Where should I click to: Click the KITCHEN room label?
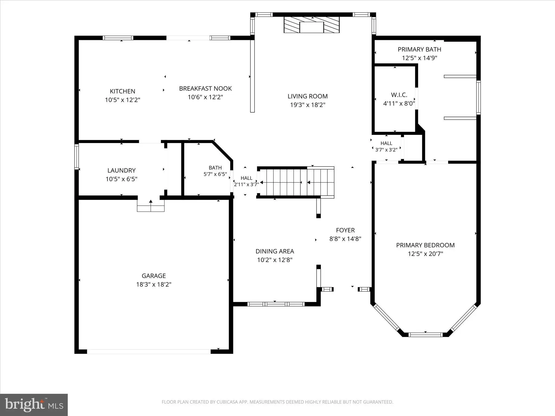tap(122, 91)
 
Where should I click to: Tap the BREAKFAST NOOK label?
tap(205, 89)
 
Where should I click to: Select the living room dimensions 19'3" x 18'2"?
tap(308, 105)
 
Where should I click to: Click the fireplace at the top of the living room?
tap(312, 25)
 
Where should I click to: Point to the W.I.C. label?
tap(399, 95)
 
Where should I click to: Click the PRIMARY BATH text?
tap(420, 49)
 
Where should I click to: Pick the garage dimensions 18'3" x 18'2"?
tap(154, 284)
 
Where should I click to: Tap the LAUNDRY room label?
tap(121, 170)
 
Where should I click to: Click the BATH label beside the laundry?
tap(215, 168)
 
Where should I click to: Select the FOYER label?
tap(345, 230)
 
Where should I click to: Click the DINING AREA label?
tap(275, 251)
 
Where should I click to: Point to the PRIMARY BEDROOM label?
tap(425, 245)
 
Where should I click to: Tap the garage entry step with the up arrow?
tap(151, 206)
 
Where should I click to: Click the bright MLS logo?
tap(34, 405)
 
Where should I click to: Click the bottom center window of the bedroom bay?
tap(425, 335)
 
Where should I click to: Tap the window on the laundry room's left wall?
tap(77, 157)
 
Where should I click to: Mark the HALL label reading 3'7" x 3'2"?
tap(386, 147)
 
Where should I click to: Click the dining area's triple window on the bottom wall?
tap(276, 304)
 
